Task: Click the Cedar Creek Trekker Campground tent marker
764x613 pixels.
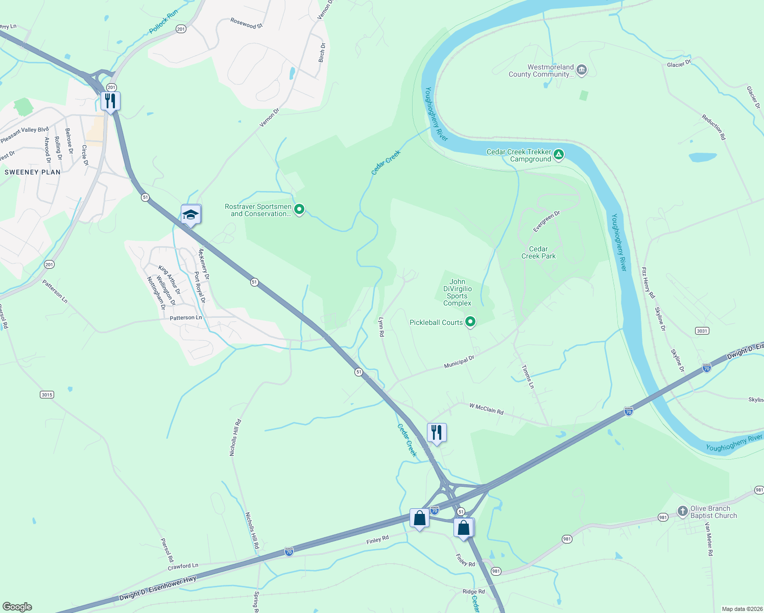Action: tap(559, 155)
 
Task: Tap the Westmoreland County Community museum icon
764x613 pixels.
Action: tap(581, 70)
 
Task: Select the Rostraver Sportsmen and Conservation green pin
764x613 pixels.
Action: tap(299, 209)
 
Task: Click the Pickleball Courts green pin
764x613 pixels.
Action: tap(470, 322)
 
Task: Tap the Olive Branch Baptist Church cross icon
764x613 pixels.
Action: tap(682, 511)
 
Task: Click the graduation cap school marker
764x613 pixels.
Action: tap(190, 215)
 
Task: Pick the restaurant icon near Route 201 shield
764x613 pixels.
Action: tap(110, 101)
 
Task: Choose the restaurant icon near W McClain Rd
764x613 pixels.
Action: tap(437, 432)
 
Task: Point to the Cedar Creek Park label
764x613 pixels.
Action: tap(538, 252)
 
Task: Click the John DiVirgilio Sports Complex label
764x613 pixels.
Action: tap(457, 292)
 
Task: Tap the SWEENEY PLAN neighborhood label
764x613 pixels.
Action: tap(33, 172)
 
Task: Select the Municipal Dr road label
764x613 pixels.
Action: tap(459, 362)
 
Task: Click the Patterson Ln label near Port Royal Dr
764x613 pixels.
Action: tap(186, 318)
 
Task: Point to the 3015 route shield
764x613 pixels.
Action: tap(46, 394)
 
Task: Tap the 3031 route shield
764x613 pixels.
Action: tap(702, 331)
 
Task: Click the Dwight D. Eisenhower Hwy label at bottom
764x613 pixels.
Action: tap(158, 588)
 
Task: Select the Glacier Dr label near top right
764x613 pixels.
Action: tap(679, 64)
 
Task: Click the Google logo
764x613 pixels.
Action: tap(17, 607)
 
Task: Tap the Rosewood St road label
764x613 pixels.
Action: tap(246, 23)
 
